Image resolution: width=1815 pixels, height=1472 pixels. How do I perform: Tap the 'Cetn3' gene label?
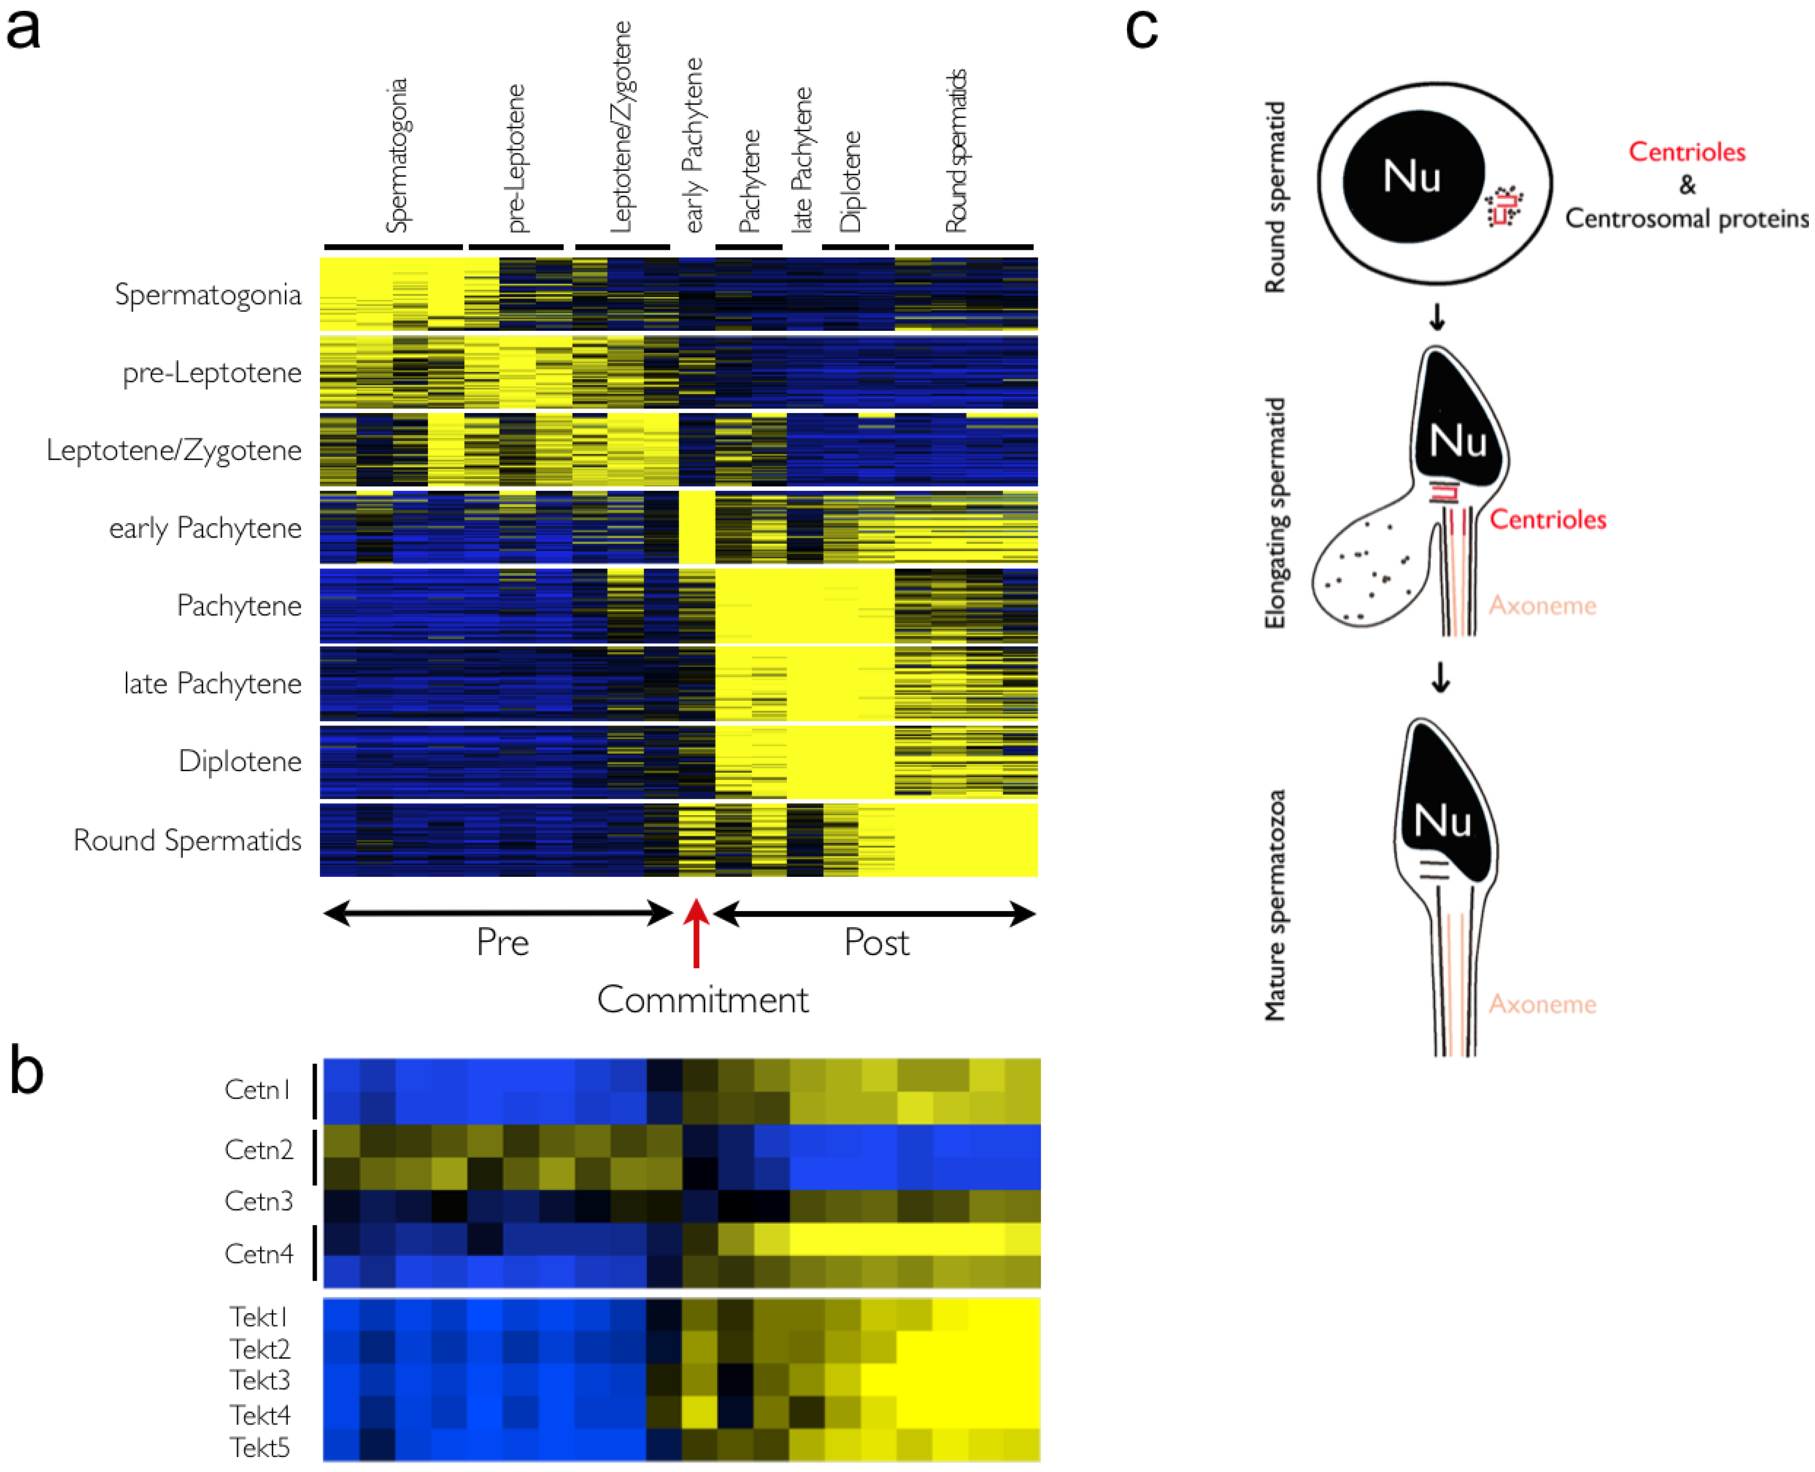pos(259,1201)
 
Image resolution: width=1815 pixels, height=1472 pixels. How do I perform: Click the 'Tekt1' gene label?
pos(259,1317)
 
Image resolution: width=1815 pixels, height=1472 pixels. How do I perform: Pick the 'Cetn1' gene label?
pos(258,1090)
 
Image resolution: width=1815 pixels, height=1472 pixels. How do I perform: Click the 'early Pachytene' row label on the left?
pos(205,528)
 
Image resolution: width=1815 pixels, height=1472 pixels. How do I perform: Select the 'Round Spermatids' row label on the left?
pos(187,840)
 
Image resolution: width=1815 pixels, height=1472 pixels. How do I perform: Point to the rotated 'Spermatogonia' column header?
pos(396,155)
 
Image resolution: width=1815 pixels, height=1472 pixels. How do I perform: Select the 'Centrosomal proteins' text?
pos(1686,219)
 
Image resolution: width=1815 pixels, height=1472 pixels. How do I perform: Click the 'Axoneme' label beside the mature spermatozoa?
pos(1542,1004)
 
